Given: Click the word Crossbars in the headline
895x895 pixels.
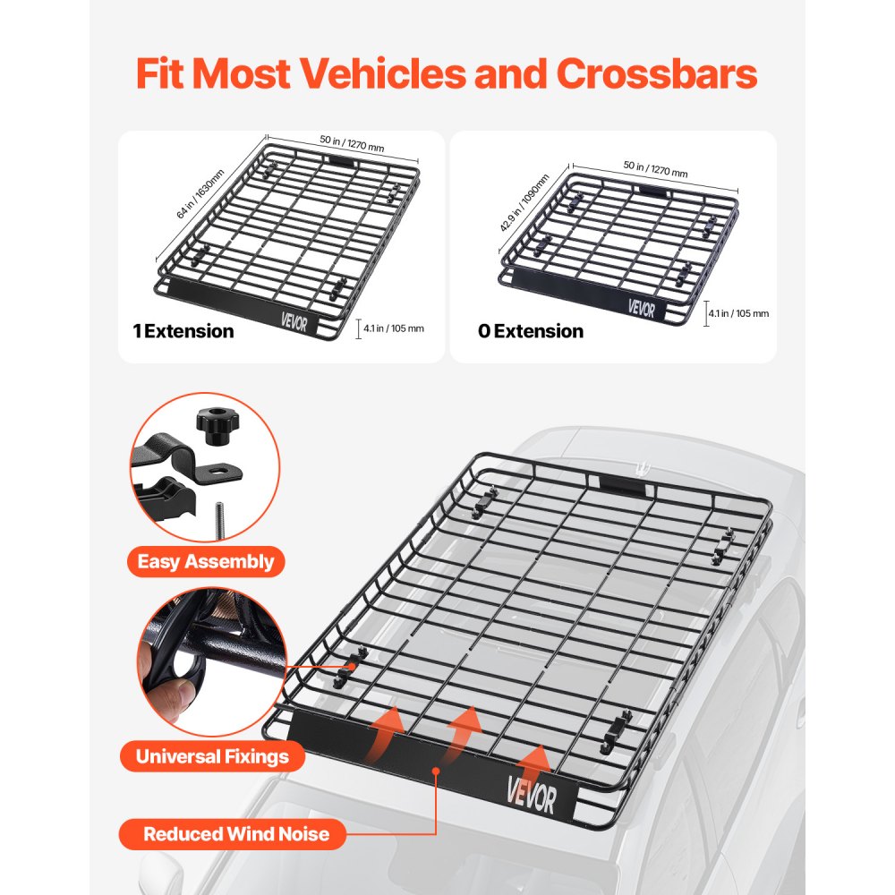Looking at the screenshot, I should (x=657, y=75).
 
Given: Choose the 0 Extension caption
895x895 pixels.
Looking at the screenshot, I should (x=530, y=331).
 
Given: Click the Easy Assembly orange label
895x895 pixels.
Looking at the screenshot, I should (x=205, y=562).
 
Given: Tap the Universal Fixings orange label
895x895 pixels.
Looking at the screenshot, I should (x=212, y=756).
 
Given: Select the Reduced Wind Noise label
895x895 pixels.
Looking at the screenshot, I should (x=236, y=835).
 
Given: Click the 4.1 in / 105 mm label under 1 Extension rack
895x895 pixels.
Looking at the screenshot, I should (x=392, y=328).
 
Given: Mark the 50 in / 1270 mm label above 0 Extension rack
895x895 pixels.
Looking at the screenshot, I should (x=655, y=171).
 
